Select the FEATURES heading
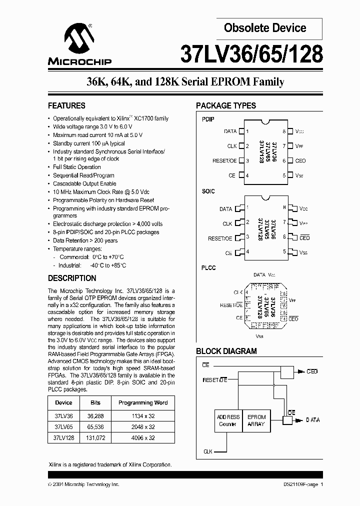(x=66, y=105)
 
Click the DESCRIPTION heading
(x=72, y=278)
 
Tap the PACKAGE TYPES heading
(x=226, y=105)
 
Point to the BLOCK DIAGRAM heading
(x=226, y=351)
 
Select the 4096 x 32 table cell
(x=143, y=437)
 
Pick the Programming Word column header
(x=143, y=402)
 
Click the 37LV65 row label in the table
(x=63, y=426)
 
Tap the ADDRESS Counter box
(x=228, y=420)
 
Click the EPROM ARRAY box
(x=256, y=420)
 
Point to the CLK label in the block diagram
(x=208, y=451)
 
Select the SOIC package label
(x=208, y=191)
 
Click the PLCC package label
(x=208, y=268)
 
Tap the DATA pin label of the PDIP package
(x=230, y=131)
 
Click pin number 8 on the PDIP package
(x=284, y=131)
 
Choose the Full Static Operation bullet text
(x=77, y=167)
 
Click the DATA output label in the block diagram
(x=313, y=420)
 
